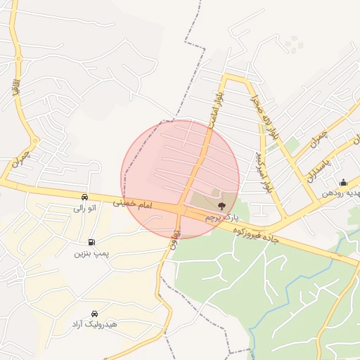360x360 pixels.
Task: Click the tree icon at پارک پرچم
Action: point(222,206)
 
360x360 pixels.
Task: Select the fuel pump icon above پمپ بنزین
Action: point(91,242)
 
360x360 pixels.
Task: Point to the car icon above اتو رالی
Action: point(84,198)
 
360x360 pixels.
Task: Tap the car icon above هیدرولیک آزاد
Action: point(94,314)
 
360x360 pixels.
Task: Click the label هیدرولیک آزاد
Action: point(94,325)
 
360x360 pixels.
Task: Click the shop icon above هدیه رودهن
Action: point(343,182)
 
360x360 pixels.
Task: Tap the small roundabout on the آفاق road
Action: point(34,140)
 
